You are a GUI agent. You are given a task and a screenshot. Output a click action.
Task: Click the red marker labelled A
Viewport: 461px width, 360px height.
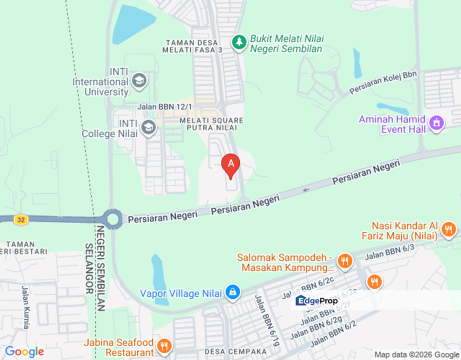point(230,164)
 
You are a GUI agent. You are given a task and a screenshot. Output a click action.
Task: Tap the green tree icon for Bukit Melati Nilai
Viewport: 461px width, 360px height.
point(239,42)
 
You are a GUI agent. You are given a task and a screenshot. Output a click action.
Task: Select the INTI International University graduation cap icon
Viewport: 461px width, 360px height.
point(138,80)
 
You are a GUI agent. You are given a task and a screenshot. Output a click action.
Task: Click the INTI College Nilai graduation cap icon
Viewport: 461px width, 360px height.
point(148,127)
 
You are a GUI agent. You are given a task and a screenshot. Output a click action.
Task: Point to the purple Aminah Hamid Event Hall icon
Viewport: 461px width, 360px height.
point(436,123)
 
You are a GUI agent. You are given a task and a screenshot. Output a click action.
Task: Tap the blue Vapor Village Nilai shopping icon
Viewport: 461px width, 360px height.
point(232,292)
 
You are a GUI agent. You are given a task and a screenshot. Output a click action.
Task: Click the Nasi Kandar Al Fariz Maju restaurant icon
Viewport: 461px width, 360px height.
point(448,229)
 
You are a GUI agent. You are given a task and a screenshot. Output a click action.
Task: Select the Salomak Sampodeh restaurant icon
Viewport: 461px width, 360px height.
point(344,260)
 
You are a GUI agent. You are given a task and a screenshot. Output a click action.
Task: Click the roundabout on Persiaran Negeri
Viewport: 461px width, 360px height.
point(112,219)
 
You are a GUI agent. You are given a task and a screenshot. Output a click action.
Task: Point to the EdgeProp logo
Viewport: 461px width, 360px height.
point(317,301)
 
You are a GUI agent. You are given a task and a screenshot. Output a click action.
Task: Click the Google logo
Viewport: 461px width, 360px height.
point(24,351)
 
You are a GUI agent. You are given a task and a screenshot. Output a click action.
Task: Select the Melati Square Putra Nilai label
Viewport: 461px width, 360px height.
point(204,124)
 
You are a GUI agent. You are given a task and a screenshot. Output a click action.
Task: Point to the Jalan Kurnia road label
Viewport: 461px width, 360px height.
point(25,307)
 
